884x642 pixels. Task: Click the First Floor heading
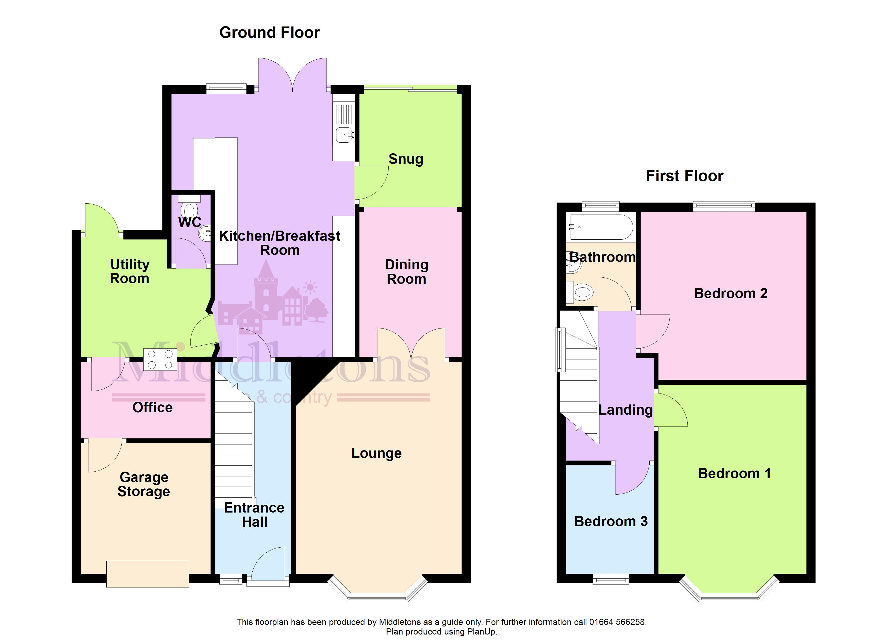click(x=684, y=176)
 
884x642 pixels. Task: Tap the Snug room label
click(x=406, y=159)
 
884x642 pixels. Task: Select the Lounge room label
click(x=377, y=453)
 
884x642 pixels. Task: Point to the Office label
click(x=152, y=407)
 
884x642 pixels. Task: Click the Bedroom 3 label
click(x=611, y=521)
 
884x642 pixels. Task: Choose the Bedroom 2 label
click(x=731, y=293)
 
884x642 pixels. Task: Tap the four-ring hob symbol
click(x=160, y=359)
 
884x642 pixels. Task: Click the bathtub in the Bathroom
click(x=601, y=227)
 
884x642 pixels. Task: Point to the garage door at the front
click(x=148, y=574)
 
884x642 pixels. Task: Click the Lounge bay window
click(x=378, y=590)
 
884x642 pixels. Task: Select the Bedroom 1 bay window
click(x=729, y=590)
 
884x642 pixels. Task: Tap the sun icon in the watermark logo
click(x=310, y=287)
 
